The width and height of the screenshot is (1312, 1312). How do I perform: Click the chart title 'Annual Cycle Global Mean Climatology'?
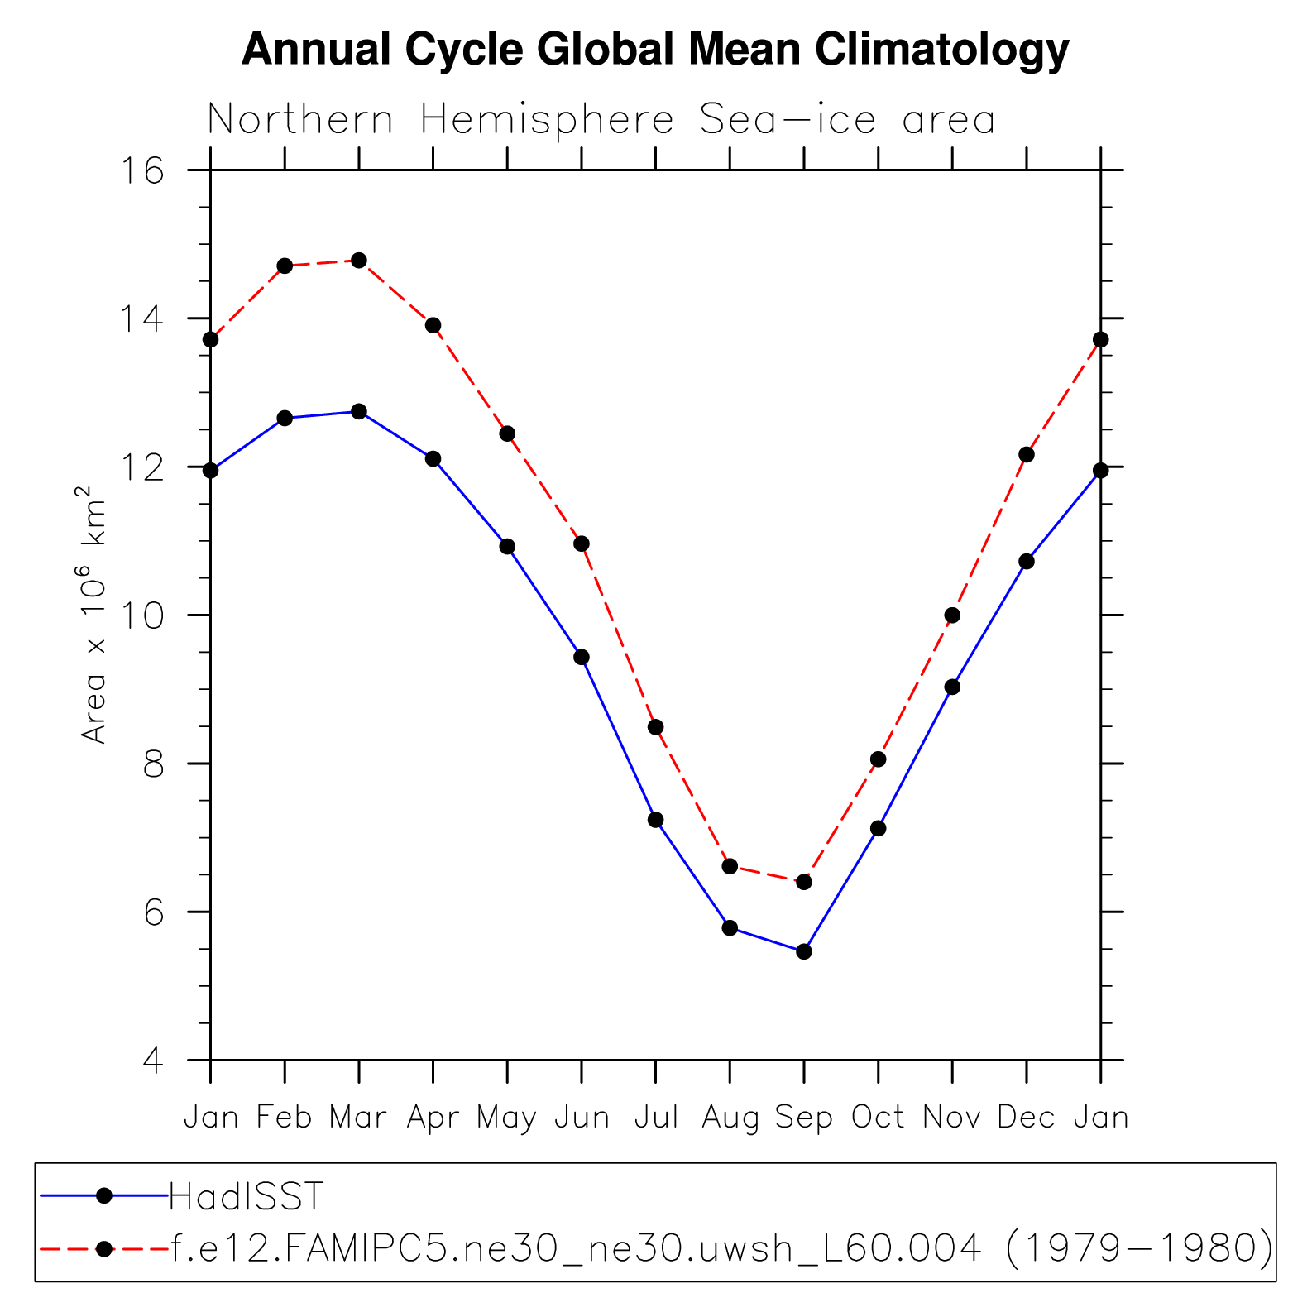655,50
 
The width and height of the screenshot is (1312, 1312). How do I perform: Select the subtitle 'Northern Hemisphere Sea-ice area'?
601,120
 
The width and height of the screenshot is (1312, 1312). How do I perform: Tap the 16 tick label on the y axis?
142,171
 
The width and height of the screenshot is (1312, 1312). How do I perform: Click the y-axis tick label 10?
142,616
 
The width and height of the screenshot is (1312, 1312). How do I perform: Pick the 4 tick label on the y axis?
153,1061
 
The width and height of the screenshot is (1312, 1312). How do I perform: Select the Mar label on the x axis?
358,1118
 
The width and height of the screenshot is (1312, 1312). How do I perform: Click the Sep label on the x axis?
803,1118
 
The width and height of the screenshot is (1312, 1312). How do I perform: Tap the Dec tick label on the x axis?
1026,1118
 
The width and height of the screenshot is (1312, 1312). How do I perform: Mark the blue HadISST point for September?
804,952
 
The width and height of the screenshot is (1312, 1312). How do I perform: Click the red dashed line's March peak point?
359,261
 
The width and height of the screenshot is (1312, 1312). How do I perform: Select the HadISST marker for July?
656,820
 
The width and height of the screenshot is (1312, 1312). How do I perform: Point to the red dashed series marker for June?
582,543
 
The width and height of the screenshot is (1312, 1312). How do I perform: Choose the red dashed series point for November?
952,615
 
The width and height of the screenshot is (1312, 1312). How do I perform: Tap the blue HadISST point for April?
433,459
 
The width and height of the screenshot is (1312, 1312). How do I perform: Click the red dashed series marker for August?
730,866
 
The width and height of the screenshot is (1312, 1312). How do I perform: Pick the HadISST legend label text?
246,1196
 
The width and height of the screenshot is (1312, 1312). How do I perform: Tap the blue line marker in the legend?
104,1195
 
